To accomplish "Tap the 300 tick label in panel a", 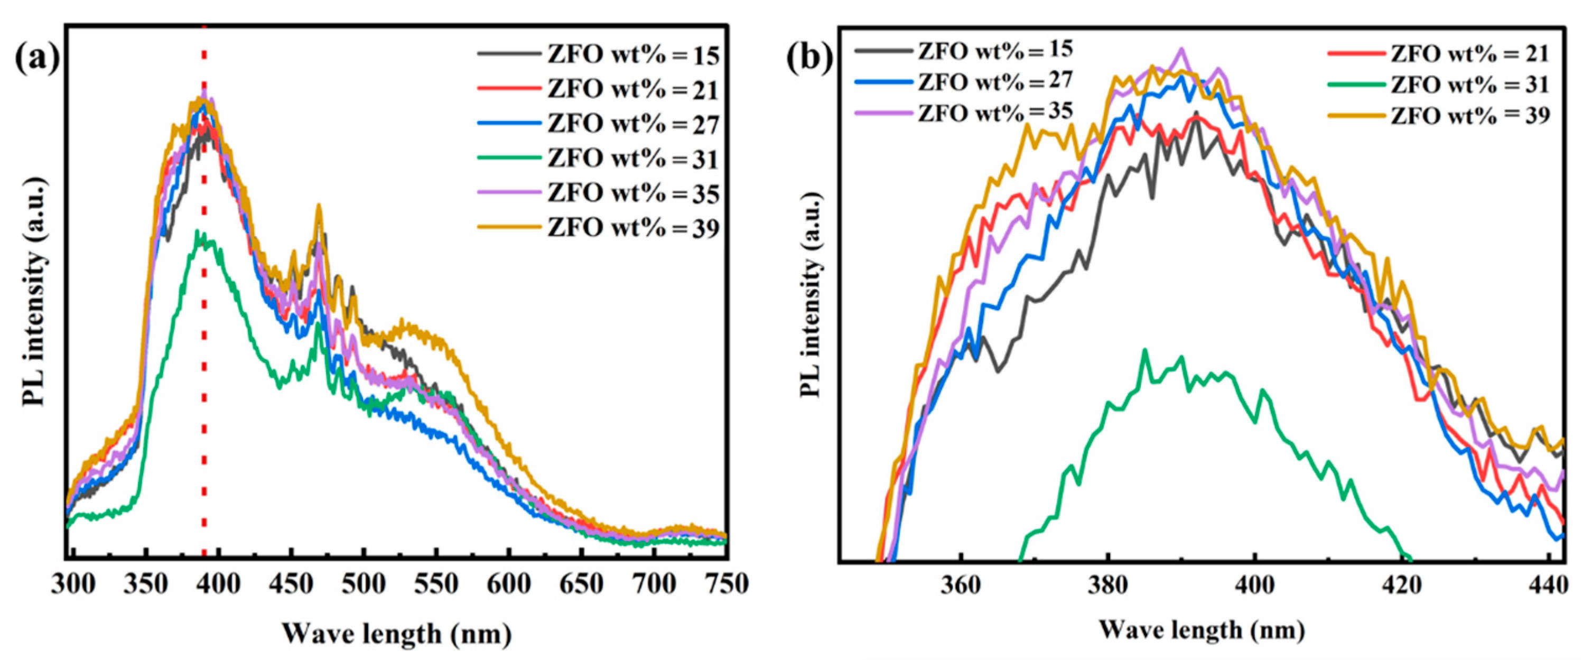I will pos(73,584).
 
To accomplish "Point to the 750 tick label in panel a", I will pos(727,584).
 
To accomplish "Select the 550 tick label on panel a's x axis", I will pos(436,584).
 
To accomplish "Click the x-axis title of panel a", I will pos(397,633).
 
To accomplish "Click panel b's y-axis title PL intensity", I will pos(811,294).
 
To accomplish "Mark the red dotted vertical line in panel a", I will pos(204,369).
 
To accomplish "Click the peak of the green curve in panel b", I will pos(1144,351).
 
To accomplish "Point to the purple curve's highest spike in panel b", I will pos(1180,49).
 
